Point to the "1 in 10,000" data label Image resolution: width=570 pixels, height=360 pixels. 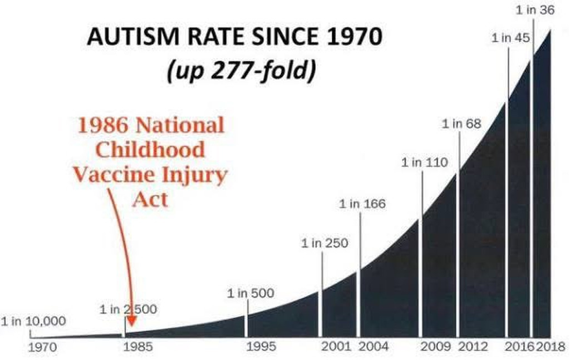click(33, 322)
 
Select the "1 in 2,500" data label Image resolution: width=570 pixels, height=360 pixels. click(128, 309)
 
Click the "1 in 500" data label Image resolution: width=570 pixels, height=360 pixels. click(250, 293)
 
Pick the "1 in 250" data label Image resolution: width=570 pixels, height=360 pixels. click(325, 243)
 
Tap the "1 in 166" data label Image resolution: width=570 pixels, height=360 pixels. click(362, 204)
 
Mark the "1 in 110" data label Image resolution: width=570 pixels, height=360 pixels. click(424, 162)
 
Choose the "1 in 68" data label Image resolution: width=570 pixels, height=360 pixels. click(461, 124)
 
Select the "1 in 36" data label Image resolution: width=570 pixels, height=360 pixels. click(535, 9)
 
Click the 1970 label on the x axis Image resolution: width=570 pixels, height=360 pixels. click(43, 347)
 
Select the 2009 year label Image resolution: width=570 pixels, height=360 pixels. click(436, 347)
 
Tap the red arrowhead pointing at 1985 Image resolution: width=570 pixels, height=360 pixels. click(131, 321)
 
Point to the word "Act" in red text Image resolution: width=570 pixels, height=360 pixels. click(150, 199)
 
